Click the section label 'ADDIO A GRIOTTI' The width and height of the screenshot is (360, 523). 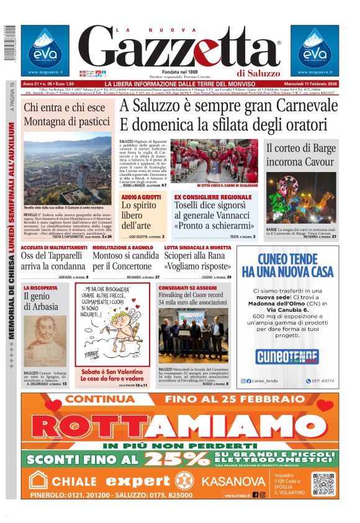[141, 197]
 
